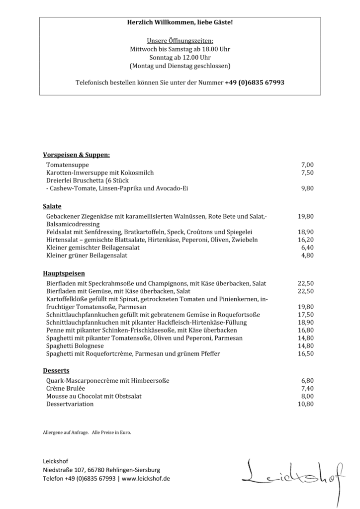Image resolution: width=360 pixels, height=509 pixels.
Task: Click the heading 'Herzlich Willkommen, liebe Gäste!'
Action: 180,23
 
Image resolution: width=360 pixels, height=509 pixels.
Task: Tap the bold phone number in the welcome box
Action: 255,83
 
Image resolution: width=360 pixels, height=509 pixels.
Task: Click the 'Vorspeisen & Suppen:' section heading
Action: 76,155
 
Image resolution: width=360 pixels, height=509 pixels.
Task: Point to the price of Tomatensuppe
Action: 307,165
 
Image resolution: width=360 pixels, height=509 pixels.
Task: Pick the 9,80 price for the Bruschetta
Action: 307,188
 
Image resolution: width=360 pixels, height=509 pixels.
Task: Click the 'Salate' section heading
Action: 52,206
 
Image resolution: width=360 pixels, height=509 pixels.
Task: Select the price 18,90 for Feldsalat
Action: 305,232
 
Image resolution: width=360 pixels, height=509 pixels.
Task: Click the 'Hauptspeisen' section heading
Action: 64,273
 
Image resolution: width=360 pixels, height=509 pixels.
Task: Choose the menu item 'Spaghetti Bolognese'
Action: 75,346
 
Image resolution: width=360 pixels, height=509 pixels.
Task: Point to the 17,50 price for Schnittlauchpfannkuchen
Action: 305,315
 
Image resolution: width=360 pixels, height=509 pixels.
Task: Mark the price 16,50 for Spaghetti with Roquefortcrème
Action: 305,354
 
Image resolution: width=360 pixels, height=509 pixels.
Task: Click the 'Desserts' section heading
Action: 56,371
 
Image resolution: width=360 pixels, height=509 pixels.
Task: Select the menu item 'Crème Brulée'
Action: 66,388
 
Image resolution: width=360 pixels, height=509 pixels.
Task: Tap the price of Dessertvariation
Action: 305,404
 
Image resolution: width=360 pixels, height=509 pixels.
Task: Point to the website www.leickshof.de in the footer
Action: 146,478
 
